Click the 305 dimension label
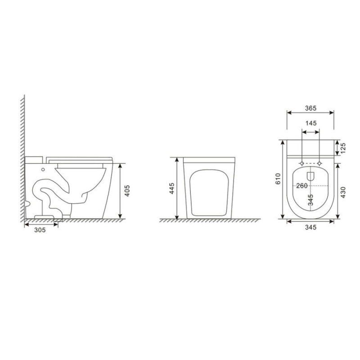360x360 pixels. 40,229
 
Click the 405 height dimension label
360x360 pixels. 127,190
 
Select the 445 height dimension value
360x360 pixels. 171,188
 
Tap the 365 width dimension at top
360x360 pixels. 310,108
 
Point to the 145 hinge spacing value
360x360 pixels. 311,123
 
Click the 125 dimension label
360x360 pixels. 343,148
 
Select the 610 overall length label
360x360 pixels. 278,179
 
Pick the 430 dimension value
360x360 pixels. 343,193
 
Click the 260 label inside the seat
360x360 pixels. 301,185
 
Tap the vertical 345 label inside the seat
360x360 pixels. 310,200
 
